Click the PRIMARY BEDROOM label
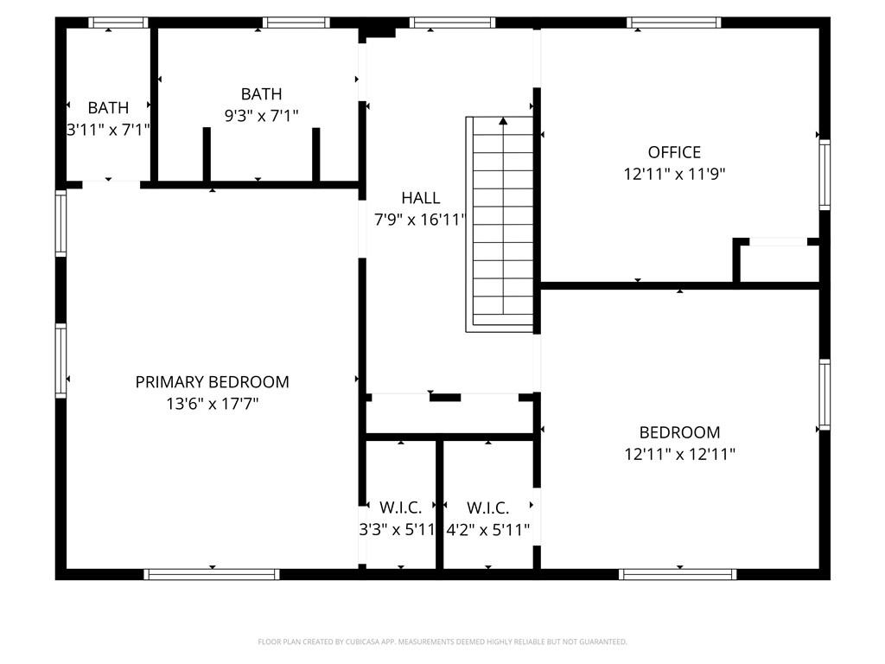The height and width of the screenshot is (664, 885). pyautogui.click(x=212, y=381)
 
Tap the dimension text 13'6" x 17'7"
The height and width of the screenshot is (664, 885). pyautogui.click(x=212, y=403)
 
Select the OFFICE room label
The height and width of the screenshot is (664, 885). pyautogui.click(x=674, y=152)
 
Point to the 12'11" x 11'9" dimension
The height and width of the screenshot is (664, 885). pyautogui.click(x=674, y=174)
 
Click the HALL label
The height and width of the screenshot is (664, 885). pyautogui.click(x=420, y=198)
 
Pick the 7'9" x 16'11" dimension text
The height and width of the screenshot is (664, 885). pyautogui.click(x=420, y=220)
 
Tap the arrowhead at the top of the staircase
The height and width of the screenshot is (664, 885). pyautogui.click(x=503, y=122)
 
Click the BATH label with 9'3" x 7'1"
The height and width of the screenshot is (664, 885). pyautogui.click(x=261, y=94)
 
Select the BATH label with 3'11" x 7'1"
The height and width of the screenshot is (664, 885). pyautogui.click(x=108, y=108)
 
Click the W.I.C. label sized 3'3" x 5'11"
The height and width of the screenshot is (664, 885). pyautogui.click(x=401, y=508)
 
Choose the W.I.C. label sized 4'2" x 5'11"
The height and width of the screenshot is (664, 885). pyautogui.click(x=487, y=508)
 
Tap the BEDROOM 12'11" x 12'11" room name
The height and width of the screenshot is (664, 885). pyautogui.click(x=679, y=432)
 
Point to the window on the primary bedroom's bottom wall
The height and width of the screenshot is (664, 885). pyautogui.click(x=212, y=574)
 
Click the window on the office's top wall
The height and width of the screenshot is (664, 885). pyautogui.click(x=673, y=22)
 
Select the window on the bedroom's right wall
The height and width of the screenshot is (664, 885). pyautogui.click(x=825, y=395)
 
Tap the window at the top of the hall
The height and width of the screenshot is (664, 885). pyautogui.click(x=452, y=22)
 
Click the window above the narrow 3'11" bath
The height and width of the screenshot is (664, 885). pyautogui.click(x=118, y=22)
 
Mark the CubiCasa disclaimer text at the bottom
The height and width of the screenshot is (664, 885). pyautogui.click(x=442, y=642)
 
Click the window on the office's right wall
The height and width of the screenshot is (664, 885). pyautogui.click(x=825, y=175)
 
